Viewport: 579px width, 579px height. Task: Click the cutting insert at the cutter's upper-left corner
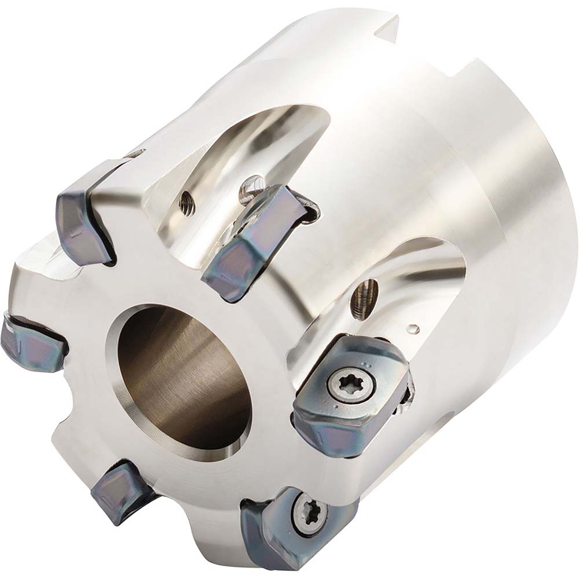pyautogui.click(x=81, y=223)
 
